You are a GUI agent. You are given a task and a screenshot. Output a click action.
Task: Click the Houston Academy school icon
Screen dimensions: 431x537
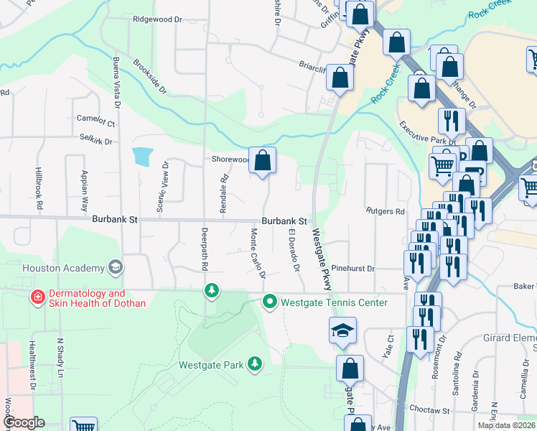click(x=114, y=268)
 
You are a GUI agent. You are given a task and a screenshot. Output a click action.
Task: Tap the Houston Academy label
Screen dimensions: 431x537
click(x=64, y=269)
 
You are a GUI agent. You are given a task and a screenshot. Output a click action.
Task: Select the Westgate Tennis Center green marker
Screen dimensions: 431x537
click(x=270, y=302)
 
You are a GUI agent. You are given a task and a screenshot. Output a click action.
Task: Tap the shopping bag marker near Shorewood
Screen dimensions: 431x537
click(x=263, y=161)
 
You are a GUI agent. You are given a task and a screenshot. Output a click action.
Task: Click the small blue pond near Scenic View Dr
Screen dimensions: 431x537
click(x=142, y=155)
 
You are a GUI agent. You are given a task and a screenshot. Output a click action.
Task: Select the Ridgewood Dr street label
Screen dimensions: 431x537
click(x=158, y=19)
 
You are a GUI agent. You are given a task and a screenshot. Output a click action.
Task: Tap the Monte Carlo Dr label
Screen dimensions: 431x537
click(x=257, y=254)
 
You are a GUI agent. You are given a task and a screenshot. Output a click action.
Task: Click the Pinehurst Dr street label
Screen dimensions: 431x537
click(x=353, y=268)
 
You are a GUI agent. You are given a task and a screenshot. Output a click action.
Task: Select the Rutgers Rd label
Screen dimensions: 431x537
click(x=386, y=212)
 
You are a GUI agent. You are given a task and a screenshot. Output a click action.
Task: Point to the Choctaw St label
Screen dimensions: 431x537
click(x=429, y=409)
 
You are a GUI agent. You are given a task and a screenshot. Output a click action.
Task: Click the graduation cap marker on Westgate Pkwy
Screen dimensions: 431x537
click(x=342, y=331)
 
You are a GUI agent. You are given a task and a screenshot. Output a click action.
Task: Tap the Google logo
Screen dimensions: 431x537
click(x=24, y=422)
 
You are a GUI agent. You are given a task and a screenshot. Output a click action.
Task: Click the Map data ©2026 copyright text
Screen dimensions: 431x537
click(x=507, y=425)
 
